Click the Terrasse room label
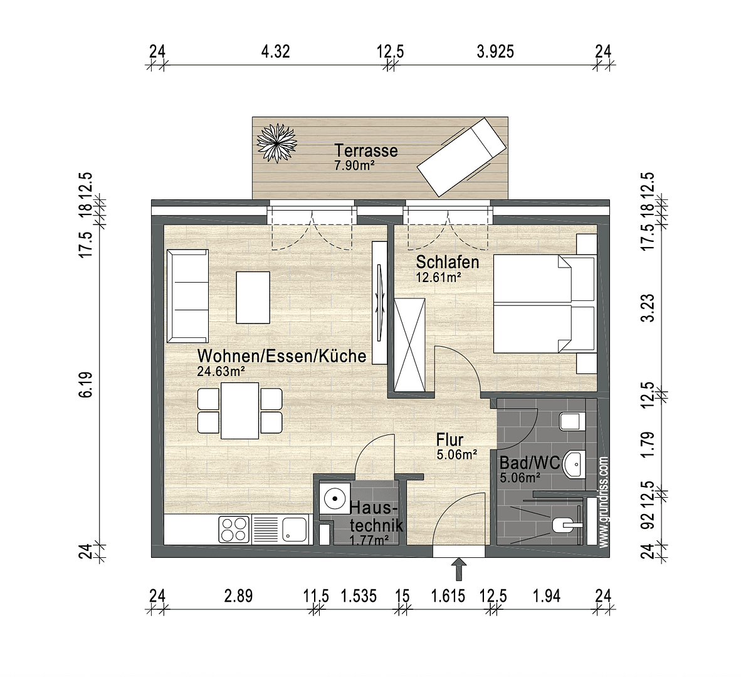(x=365, y=150)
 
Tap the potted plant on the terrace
(x=276, y=142)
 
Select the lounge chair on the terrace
(x=461, y=157)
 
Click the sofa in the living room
(x=187, y=296)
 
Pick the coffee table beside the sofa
(x=253, y=297)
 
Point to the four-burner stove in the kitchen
(x=234, y=529)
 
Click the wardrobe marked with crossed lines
(x=411, y=344)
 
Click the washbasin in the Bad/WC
(x=574, y=464)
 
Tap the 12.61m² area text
(x=438, y=276)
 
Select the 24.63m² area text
(x=220, y=371)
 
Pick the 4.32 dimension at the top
(x=275, y=51)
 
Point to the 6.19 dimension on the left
(x=87, y=384)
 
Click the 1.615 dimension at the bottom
(x=448, y=596)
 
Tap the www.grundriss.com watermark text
(x=603, y=501)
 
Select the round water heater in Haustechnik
(x=335, y=500)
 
